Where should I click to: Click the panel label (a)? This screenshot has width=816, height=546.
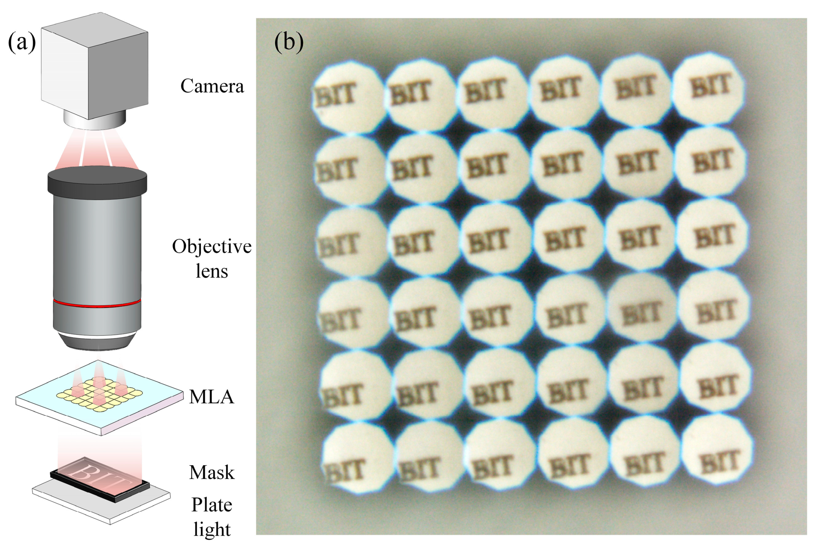click(x=22, y=43)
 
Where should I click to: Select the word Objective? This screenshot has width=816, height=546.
click(x=212, y=246)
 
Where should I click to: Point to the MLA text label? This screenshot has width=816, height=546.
click(x=212, y=397)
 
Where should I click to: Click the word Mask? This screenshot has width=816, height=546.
click(x=212, y=472)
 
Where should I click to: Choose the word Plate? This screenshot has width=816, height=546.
click(x=212, y=504)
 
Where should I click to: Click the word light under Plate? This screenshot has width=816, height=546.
click(x=212, y=529)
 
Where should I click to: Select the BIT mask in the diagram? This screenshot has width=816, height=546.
click(x=100, y=478)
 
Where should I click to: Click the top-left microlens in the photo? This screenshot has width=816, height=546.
click(x=348, y=97)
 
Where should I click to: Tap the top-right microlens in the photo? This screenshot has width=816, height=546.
click(x=709, y=88)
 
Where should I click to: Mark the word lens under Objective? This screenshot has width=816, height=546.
click(x=212, y=271)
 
